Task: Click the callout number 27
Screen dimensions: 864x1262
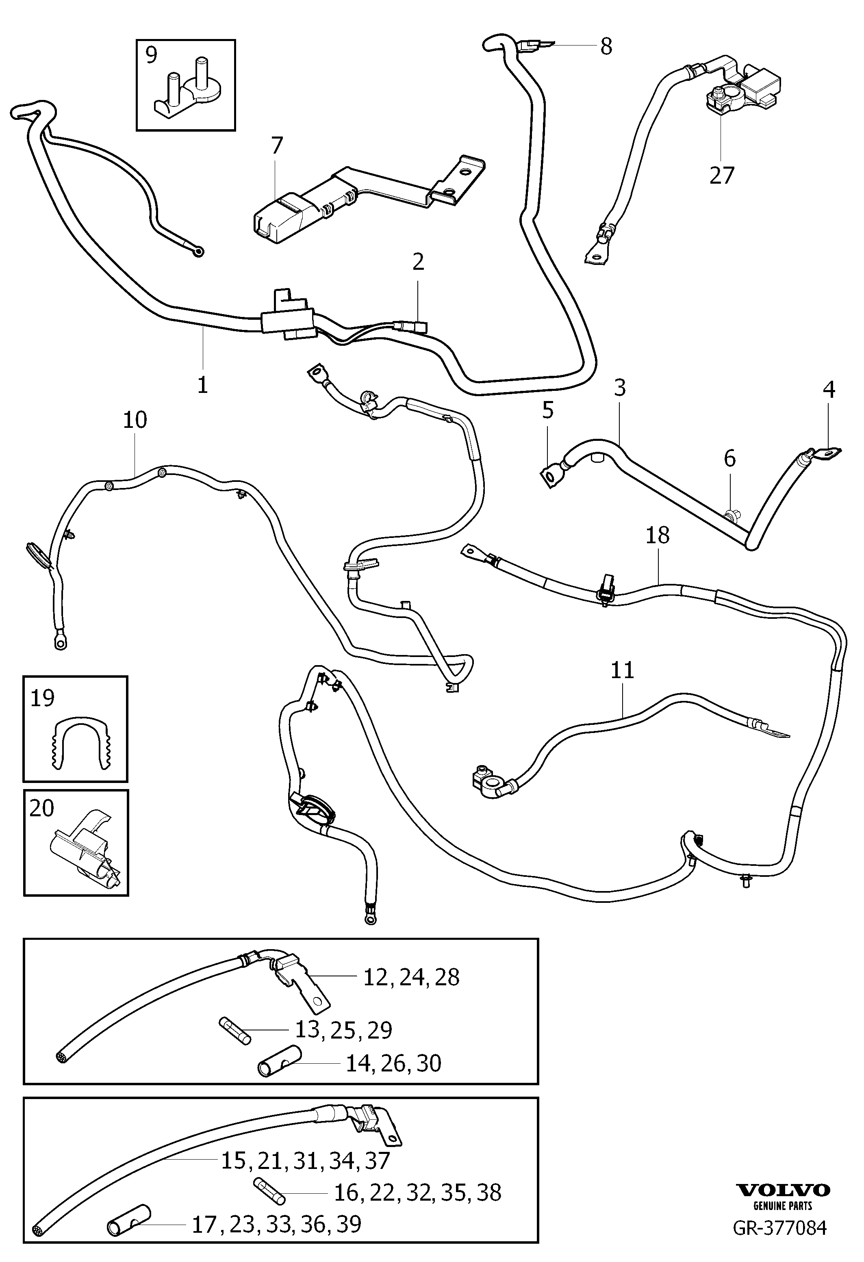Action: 722,175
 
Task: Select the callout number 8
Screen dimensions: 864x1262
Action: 607,46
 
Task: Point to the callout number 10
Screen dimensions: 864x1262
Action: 135,420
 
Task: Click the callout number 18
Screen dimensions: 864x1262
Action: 658,536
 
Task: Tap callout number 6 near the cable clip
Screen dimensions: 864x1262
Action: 730,459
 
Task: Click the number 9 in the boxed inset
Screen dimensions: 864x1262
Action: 151,54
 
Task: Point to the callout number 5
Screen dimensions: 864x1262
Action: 548,410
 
